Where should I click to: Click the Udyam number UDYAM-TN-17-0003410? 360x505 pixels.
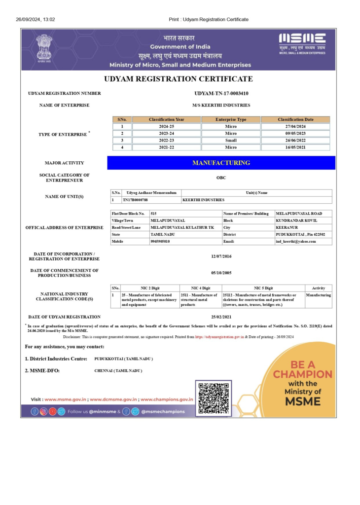[221, 93]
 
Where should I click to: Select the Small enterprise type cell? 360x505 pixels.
[231, 140]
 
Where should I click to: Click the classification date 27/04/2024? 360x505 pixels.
[295, 126]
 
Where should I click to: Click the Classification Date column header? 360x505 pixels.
[295, 119]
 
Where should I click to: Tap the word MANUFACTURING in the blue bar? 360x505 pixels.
[221, 163]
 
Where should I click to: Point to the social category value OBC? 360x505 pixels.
[221, 178]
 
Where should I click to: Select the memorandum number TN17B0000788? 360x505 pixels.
[135, 200]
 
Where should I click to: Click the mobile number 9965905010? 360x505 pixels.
[160, 242]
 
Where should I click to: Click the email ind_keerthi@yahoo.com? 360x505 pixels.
[296, 242]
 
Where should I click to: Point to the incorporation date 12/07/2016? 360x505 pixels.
[221, 256]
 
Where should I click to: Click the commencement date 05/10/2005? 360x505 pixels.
[221, 273]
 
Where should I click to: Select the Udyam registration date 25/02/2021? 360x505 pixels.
[221, 317]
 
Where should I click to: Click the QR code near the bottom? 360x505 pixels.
[213, 397]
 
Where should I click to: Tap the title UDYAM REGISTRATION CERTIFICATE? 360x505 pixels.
[179, 79]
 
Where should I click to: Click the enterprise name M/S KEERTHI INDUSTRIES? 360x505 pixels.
[221, 105]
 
